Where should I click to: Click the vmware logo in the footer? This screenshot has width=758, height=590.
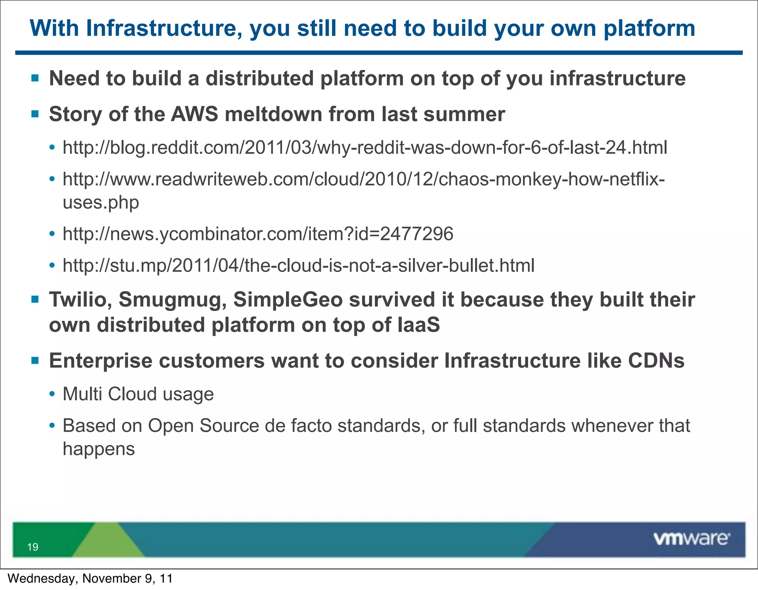(691, 539)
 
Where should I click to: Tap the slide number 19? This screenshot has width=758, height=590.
(33, 547)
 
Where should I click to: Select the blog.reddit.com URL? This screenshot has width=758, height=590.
(365, 147)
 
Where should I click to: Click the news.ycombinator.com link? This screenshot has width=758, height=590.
(258, 234)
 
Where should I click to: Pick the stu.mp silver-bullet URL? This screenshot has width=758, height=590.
(298, 266)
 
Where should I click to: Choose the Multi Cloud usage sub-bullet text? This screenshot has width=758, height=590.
(138, 394)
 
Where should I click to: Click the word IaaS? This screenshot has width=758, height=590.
(418, 325)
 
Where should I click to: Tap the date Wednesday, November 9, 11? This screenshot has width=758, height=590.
(90, 579)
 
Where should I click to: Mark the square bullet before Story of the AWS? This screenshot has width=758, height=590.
(35, 114)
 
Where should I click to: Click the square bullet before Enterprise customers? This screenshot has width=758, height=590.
(35, 361)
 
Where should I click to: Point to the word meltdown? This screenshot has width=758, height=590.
(273, 114)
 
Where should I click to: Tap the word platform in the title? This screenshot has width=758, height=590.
(649, 28)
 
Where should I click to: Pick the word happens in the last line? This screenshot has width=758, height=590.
(98, 449)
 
